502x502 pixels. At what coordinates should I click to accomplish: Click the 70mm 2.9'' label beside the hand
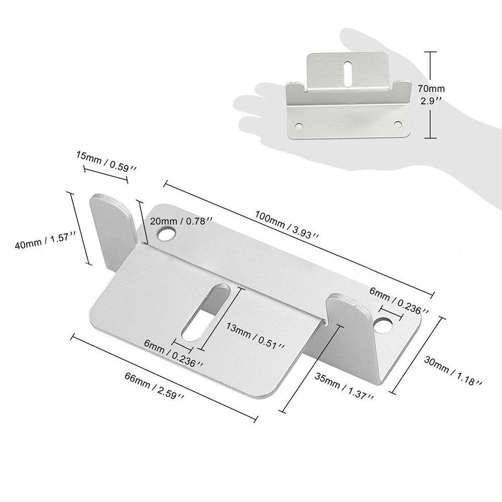[431, 94]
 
